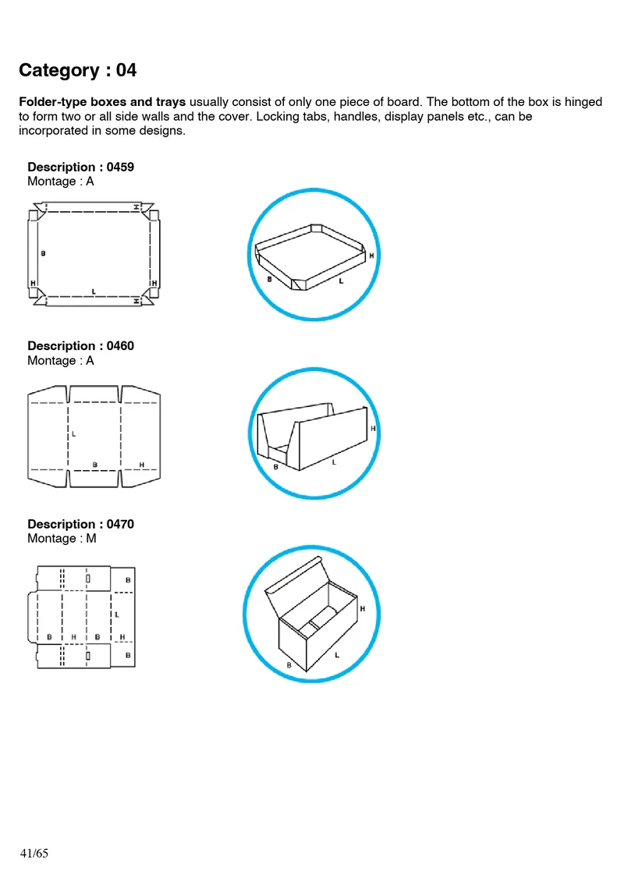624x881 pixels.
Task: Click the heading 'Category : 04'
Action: [77, 70]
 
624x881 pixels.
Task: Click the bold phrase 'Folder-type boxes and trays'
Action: [102, 102]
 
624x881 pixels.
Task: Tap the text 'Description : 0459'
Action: [81, 167]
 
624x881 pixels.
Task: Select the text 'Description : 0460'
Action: [81, 345]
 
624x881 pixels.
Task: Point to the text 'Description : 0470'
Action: [81, 524]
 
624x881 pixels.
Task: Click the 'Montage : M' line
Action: [62, 538]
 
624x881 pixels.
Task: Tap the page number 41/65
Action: [34, 853]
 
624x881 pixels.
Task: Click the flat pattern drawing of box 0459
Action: [94, 253]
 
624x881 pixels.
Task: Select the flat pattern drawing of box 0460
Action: [94, 437]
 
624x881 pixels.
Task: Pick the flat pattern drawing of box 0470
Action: [82, 617]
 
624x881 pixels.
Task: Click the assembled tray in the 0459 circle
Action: [311, 257]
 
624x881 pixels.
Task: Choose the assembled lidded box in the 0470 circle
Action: [311, 614]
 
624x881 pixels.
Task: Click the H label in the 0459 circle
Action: [371, 256]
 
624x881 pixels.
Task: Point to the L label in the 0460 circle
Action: [334, 462]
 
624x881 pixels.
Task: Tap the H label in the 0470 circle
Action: [363, 608]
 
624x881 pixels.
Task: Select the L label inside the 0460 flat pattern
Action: [73, 433]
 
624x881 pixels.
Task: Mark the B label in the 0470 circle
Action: [289, 665]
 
